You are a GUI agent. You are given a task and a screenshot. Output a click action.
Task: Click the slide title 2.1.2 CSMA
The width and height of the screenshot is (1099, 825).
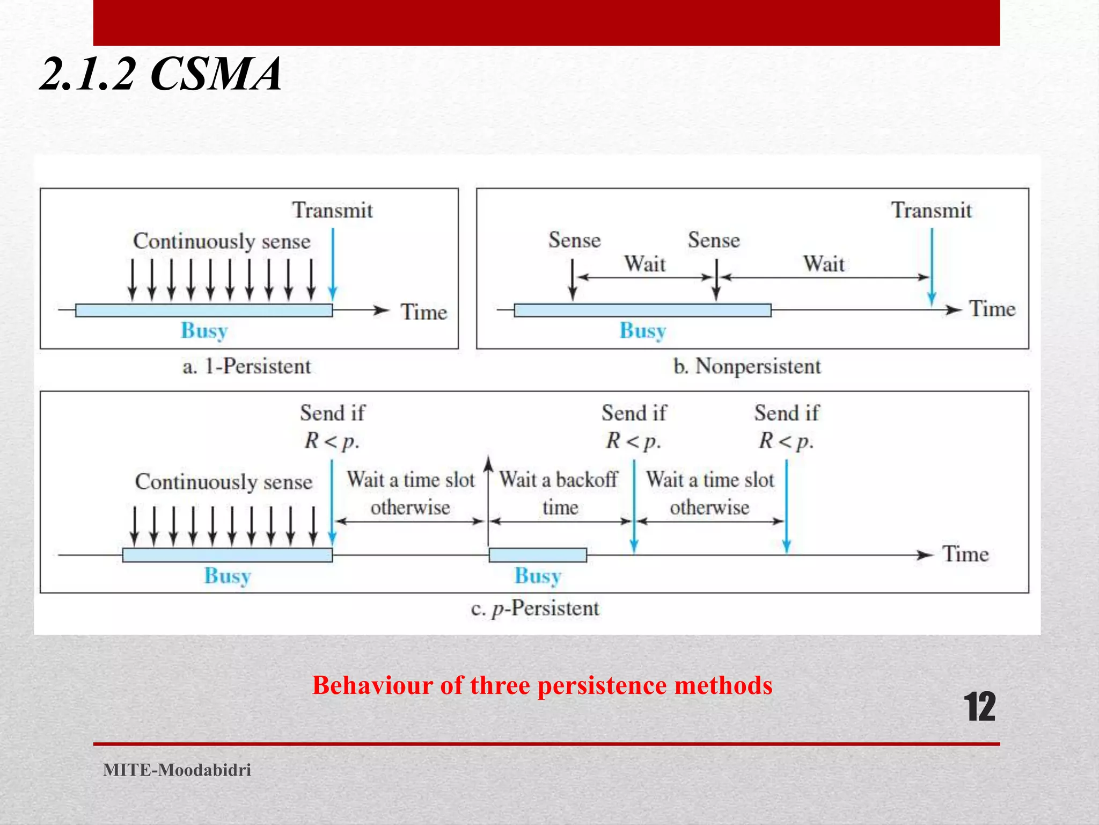point(161,74)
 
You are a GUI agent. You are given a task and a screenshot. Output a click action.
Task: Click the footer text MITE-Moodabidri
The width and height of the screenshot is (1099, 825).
point(177,770)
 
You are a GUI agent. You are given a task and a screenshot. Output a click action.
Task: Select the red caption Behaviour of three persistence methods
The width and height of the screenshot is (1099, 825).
point(542,685)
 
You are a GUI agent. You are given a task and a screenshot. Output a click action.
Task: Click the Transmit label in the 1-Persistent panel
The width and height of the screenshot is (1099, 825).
point(332,210)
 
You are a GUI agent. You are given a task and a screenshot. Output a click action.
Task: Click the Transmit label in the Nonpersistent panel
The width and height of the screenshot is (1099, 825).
point(931,210)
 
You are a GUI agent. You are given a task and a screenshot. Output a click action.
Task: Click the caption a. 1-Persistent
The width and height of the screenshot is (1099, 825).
point(247,366)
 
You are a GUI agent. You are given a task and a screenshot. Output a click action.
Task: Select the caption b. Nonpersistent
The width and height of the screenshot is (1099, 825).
point(747,366)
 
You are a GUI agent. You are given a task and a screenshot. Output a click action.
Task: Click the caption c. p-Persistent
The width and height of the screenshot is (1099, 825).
point(535,608)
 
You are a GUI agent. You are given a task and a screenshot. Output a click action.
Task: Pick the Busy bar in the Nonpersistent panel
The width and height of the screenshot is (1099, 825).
point(642,310)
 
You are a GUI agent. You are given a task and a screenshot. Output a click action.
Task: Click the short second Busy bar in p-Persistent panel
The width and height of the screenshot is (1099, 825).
point(538,555)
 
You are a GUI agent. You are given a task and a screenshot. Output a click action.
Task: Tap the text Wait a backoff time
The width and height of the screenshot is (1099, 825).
point(559,493)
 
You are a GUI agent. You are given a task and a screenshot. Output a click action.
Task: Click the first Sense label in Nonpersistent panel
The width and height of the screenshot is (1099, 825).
point(574,240)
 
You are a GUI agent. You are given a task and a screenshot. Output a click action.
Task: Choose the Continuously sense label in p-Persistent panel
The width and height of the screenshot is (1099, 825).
point(224,482)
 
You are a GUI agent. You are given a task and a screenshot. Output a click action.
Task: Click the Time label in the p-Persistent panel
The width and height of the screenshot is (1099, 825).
point(965,554)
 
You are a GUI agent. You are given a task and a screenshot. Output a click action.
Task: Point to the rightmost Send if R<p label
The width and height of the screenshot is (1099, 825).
point(787,426)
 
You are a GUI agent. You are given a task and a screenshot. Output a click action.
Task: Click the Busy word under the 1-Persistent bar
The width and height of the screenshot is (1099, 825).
point(204,330)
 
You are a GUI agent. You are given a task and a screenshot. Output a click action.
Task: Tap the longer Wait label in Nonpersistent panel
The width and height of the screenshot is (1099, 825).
point(824,264)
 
